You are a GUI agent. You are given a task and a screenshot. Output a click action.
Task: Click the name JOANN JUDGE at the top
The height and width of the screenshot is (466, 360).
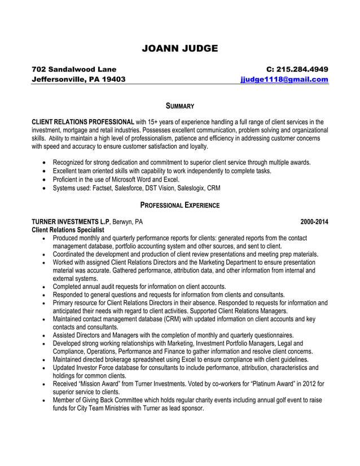[x=179, y=49]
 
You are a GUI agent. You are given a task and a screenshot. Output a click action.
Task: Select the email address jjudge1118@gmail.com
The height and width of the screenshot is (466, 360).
[x=284, y=80]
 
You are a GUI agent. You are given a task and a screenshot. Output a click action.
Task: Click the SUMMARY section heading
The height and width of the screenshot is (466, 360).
[x=179, y=106]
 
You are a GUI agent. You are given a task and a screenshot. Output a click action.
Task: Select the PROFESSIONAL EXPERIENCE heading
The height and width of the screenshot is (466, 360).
[x=179, y=205]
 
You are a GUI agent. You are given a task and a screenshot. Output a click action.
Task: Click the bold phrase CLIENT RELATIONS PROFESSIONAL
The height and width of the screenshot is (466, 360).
[x=82, y=121]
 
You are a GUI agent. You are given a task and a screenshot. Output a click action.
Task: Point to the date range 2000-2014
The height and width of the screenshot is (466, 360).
[x=314, y=222]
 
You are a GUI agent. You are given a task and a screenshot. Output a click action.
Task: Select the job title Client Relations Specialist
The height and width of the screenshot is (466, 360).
[x=68, y=230]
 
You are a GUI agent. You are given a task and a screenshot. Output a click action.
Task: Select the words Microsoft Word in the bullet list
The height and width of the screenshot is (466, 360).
[x=126, y=179]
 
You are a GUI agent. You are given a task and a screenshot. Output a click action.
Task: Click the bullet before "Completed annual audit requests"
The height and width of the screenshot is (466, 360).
[x=45, y=287]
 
